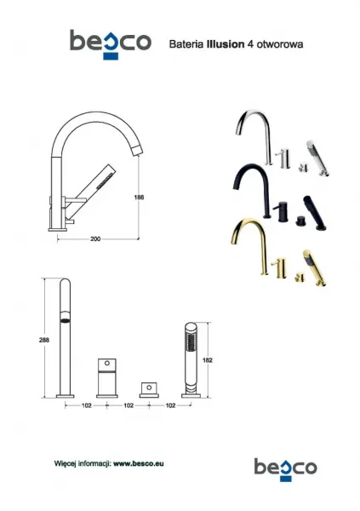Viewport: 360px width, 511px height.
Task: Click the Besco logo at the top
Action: (111, 44)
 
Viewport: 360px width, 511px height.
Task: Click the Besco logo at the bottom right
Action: (285, 469)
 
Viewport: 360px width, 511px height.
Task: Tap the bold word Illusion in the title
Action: (226, 44)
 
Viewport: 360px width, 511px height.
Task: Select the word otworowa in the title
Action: (280, 44)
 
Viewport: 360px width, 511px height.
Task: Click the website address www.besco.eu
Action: (139, 463)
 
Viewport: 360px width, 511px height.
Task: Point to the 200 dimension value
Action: (95, 238)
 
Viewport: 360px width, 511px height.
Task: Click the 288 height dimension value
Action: (44, 340)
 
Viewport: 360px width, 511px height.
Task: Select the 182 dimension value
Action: (207, 360)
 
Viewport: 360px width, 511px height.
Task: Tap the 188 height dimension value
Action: (139, 198)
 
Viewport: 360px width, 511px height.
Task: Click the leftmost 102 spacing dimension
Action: (86, 405)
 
